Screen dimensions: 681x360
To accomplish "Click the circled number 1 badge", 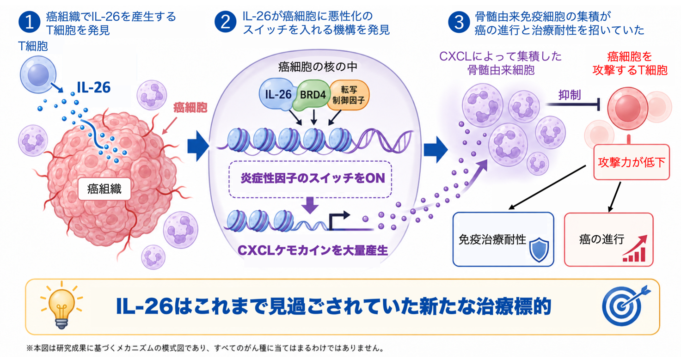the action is [30, 22].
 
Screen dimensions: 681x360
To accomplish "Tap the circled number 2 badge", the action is [226, 22].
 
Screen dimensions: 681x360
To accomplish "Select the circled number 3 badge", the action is [459, 22].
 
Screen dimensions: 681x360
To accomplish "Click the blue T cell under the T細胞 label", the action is [38, 75].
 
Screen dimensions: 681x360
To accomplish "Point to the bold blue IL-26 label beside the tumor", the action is [94, 87].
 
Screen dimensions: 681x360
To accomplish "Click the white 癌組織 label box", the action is [104, 189].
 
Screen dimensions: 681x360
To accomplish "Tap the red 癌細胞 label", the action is [190, 108].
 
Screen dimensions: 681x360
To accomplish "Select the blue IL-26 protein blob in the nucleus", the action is [276, 94].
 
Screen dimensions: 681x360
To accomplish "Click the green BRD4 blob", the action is [312, 95].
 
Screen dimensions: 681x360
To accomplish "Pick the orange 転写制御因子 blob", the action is [349, 95].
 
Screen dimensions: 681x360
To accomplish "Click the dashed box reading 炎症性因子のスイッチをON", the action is [310, 179].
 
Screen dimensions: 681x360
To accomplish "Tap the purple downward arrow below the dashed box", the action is [310, 205].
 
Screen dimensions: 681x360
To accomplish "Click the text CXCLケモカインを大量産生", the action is [313, 250].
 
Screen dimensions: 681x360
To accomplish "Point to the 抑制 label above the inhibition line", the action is [570, 95].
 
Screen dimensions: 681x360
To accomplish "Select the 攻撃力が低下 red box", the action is [632, 162].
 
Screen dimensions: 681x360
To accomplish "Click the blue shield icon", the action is [539, 250].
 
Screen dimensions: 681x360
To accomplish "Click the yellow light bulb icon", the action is [61, 305].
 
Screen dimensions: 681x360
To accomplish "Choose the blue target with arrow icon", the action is [625, 305].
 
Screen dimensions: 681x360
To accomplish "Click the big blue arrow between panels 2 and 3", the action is [436, 149].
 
